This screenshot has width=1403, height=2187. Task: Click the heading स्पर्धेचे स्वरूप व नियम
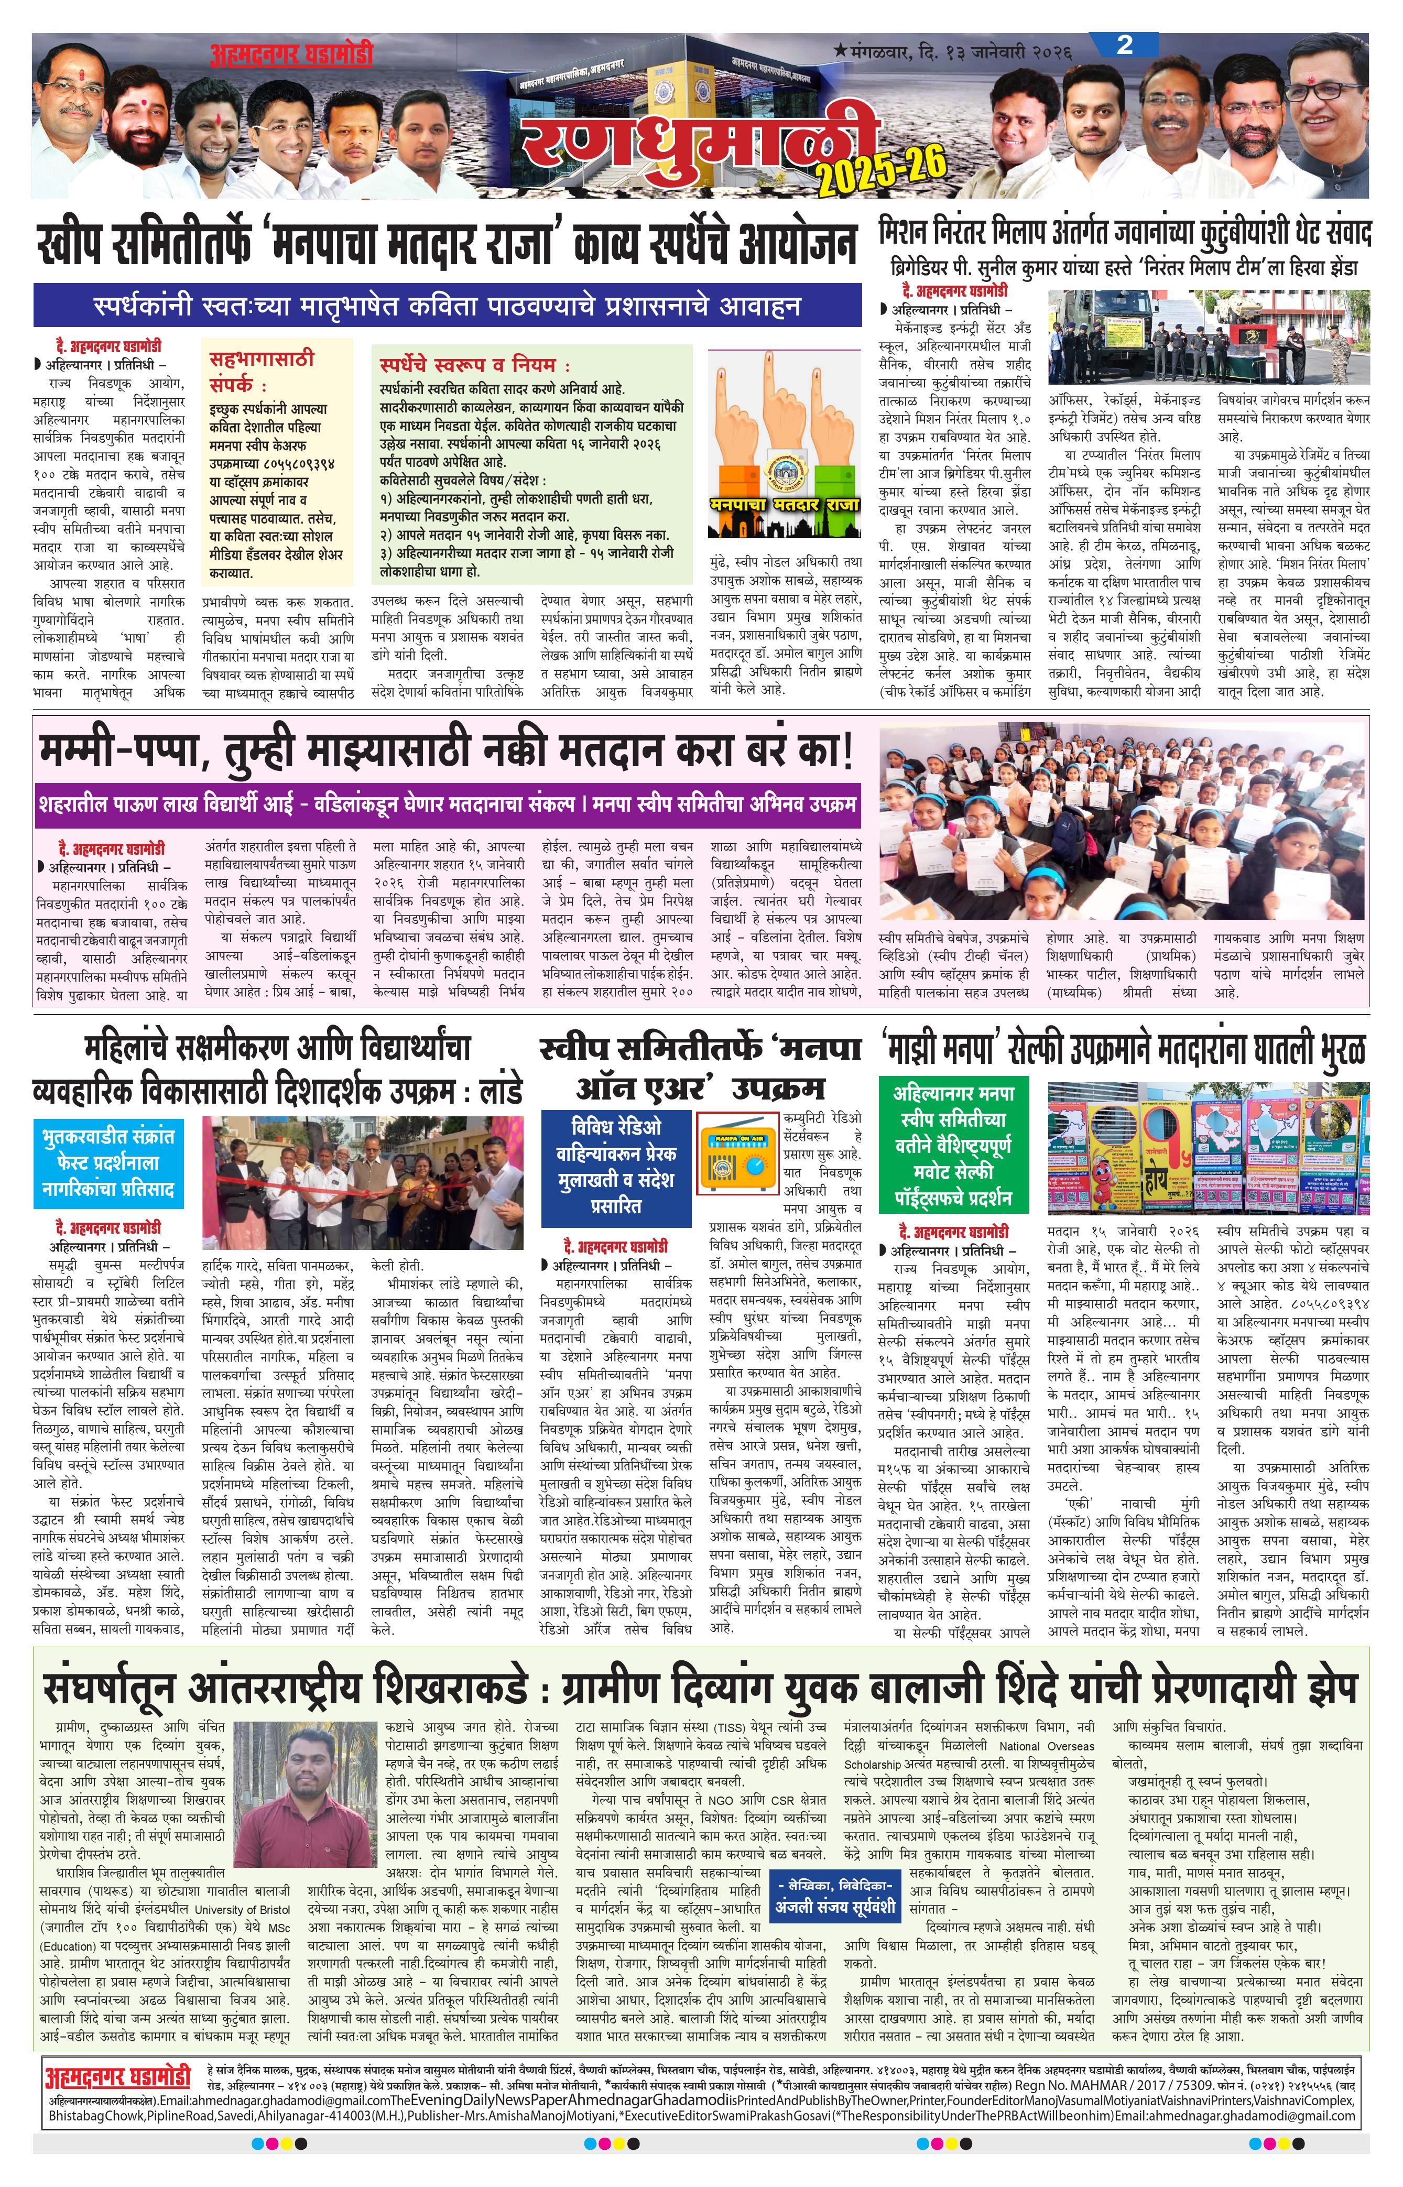coord(474,364)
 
